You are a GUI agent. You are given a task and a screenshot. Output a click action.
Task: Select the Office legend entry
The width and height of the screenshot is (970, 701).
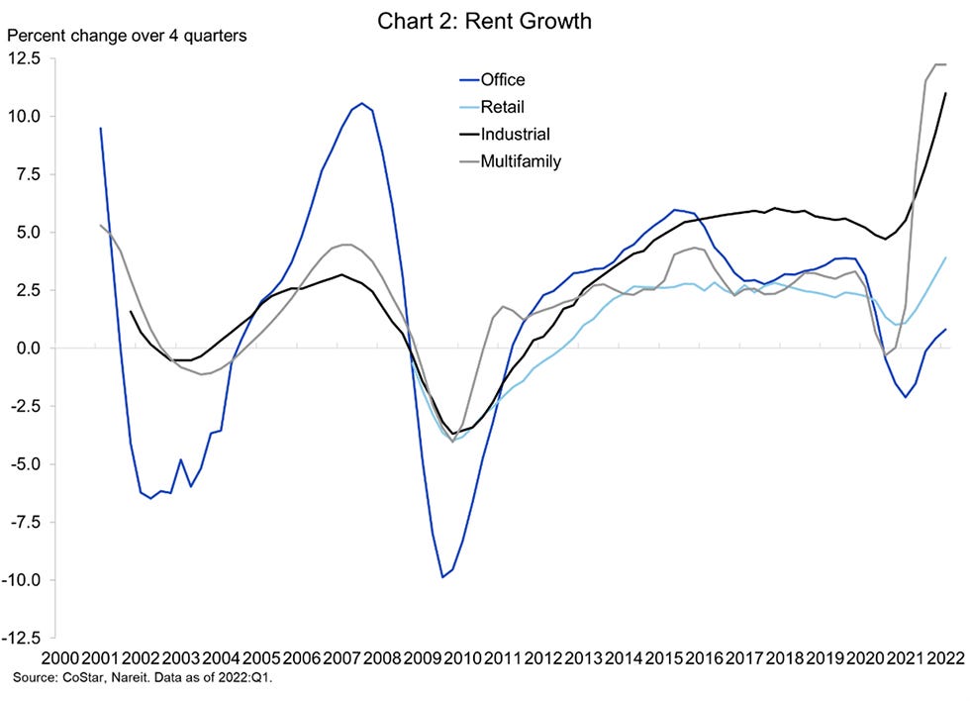pos(502,79)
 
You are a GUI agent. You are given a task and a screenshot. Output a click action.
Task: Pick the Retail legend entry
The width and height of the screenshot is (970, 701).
pos(501,106)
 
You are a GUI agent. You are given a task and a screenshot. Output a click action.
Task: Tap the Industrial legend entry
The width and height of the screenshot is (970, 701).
pos(514,134)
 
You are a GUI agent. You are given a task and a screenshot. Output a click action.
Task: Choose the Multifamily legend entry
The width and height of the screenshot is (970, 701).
pos(520,160)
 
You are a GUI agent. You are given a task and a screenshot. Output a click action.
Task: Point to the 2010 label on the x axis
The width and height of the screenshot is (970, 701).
pos(463,658)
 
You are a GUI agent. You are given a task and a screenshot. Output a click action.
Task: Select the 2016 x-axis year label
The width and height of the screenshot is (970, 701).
pos(706,658)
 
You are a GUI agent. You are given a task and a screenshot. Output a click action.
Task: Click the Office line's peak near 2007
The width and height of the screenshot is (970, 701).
pos(361,103)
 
